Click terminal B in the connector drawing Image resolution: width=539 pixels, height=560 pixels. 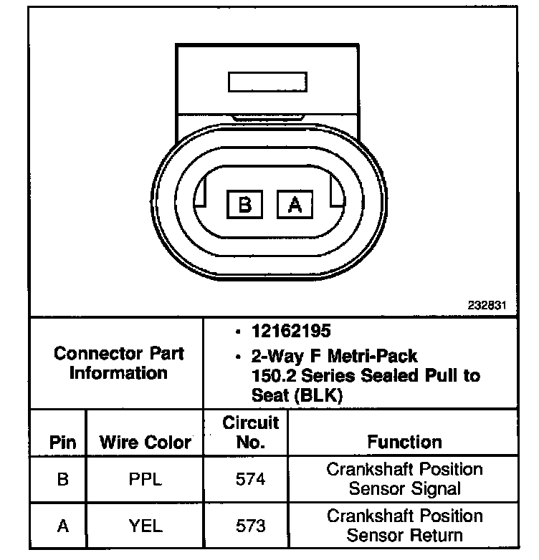click(244, 205)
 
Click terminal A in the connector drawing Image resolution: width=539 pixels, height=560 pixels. click(294, 205)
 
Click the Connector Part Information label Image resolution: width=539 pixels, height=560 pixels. click(119, 363)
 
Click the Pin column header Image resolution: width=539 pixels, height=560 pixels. click(62, 442)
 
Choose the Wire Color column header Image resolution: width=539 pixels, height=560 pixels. click(146, 442)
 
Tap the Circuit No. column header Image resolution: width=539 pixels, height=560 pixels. click(250, 432)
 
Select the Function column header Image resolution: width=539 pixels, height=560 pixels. click(404, 442)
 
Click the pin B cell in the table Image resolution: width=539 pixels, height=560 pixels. click(62, 478)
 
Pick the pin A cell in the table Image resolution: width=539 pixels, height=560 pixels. click(62, 526)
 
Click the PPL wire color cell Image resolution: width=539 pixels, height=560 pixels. click(146, 478)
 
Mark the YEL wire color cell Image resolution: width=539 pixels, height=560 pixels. click(146, 526)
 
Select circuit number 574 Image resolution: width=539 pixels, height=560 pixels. click(250, 478)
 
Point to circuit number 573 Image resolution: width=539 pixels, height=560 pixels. click(250, 526)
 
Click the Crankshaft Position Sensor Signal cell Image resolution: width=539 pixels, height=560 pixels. click(404, 478)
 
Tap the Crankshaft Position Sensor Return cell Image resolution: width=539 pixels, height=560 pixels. click(404, 525)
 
